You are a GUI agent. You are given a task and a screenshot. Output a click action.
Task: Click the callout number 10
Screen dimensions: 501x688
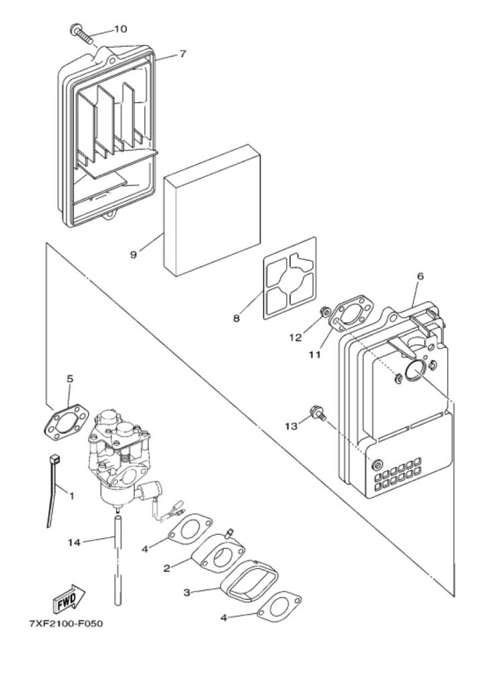(x=121, y=29)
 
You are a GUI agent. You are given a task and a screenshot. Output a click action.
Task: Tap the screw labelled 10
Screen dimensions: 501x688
(x=82, y=34)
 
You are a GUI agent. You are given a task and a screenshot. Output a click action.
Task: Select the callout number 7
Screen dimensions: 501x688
(x=183, y=54)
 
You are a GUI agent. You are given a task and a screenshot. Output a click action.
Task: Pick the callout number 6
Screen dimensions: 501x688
(x=420, y=276)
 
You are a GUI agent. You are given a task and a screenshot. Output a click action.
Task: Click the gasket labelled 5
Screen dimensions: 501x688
(x=66, y=421)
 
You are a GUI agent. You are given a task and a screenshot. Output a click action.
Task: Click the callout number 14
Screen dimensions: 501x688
(x=74, y=543)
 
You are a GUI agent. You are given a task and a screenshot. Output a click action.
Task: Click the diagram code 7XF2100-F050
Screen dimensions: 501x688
(x=66, y=623)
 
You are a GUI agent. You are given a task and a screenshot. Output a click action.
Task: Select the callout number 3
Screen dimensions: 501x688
(x=187, y=593)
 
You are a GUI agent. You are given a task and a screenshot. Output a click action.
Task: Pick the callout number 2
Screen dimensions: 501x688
(x=167, y=568)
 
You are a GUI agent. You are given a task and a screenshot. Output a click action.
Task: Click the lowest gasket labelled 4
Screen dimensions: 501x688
(x=280, y=607)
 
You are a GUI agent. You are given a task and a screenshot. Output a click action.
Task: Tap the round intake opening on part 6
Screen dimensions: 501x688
(x=414, y=370)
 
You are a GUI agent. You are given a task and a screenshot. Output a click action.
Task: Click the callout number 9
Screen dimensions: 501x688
(x=134, y=254)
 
